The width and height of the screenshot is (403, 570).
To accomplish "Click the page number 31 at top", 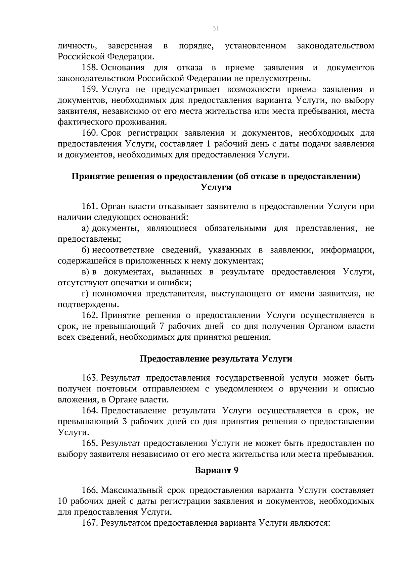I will [x=216, y=29].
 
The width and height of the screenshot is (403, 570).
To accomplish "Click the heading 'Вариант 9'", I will [x=217, y=470].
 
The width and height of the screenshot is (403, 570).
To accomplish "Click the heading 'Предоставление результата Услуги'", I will [x=216, y=359].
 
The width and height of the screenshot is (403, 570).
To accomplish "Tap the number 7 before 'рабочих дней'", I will [x=161, y=326].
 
